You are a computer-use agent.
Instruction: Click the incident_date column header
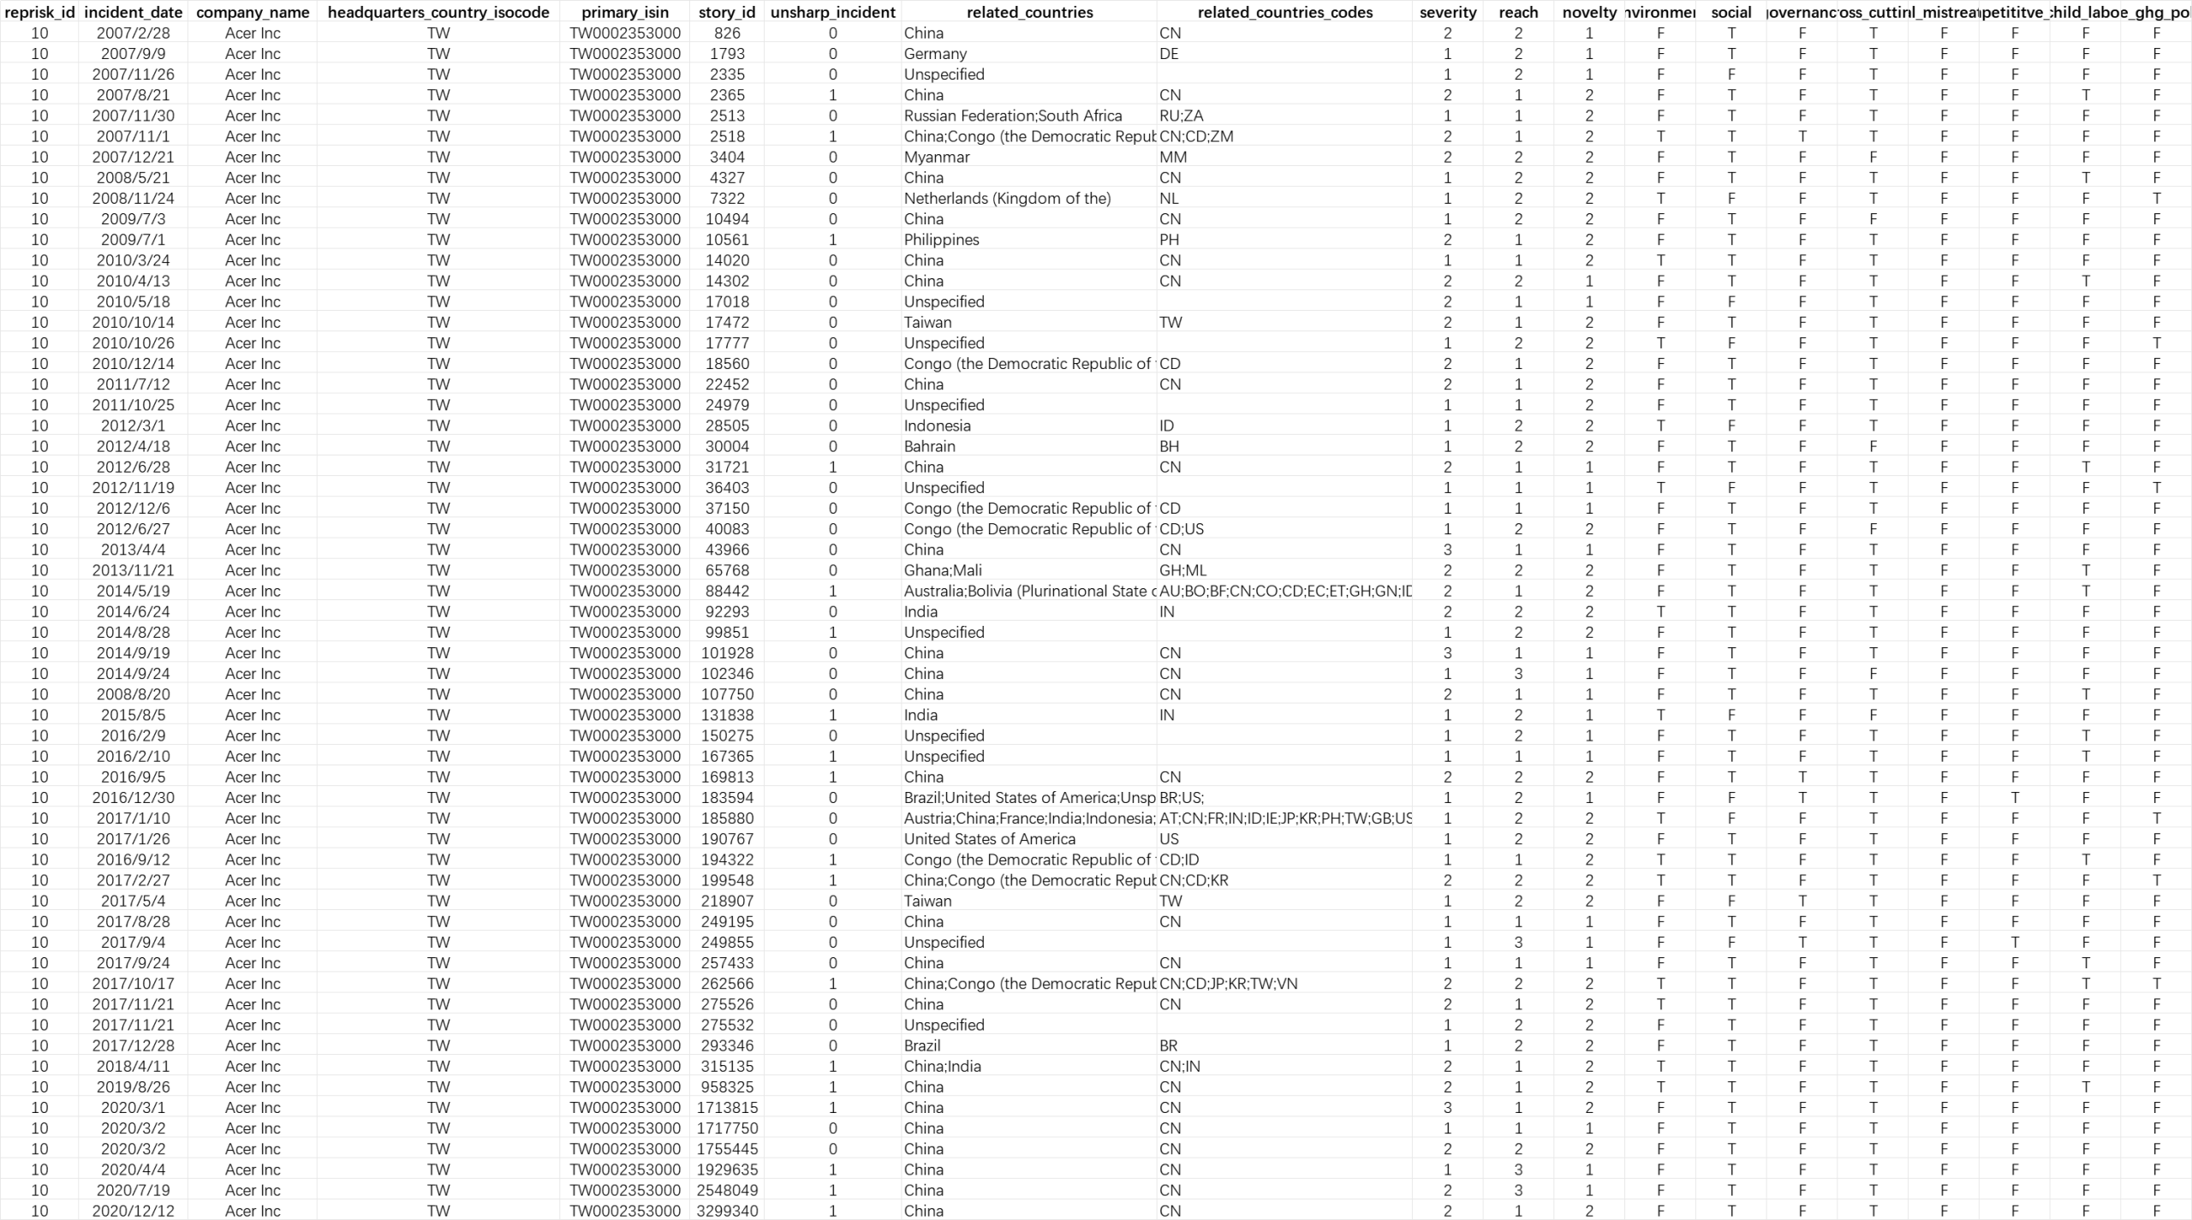tap(133, 12)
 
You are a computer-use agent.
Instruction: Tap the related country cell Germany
tap(935, 54)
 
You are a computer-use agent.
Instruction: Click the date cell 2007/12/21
tap(133, 157)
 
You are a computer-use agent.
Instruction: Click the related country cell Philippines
tap(941, 240)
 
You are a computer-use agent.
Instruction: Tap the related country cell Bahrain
tap(929, 446)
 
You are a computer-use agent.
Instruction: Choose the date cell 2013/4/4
tap(133, 550)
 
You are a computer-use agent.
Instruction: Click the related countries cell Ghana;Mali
tap(943, 570)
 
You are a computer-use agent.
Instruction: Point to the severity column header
tap(1447, 12)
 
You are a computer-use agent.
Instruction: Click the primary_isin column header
tap(625, 12)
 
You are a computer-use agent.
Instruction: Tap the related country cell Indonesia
tap(937, 426)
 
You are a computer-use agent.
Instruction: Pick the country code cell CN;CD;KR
tap(1194, 880)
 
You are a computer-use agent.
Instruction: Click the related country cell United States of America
tap(989, 839)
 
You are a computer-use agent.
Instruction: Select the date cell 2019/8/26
tap(133, 1086)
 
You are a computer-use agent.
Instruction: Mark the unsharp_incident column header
tap(832, 12)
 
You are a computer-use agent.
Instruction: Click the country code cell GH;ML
tap(1182, 570)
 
